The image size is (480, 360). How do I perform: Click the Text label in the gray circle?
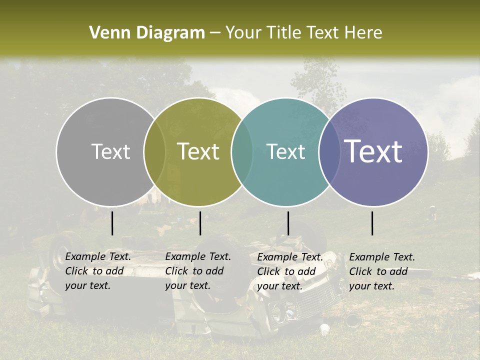pyautogui.click(x=110, y=151)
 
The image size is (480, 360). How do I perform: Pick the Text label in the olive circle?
pyautogui.click(x=198, y=151)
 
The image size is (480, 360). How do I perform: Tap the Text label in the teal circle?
pyautogui.click(x=286, y=151)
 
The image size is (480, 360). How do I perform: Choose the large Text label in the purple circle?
pyautogui.click(x=373, y=151)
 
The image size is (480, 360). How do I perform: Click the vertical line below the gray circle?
pyautogui.click(x=112, y=223)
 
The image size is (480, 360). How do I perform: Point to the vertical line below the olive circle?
pyautogui.click(x=200, y=223)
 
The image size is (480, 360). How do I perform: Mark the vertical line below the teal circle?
pyautogui.click(x=288, y=223)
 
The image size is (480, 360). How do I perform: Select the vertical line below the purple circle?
pyautogui.click(x=372, y=223)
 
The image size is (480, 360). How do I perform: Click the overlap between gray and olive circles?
pyautogui.click(x=155, y=151)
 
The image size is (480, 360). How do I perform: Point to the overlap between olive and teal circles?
pyautogui.click(x=242, y=151)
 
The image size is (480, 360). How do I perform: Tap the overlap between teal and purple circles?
pyautogui.click(x=329, y=151)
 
